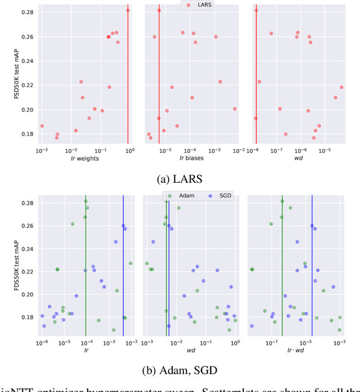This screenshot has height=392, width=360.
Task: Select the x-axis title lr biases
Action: tap(191, 159)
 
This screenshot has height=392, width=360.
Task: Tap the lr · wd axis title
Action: tap(295, 350)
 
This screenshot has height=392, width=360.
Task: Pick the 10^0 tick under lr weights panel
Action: tap(129, 151)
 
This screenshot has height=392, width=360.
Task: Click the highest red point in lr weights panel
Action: tap(128, 10)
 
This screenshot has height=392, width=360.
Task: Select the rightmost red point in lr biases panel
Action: tap(235, 109)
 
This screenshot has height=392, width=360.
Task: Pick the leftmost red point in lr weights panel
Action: tap(42, 126)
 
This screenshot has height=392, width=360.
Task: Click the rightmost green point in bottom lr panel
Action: tap(130, 263)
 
